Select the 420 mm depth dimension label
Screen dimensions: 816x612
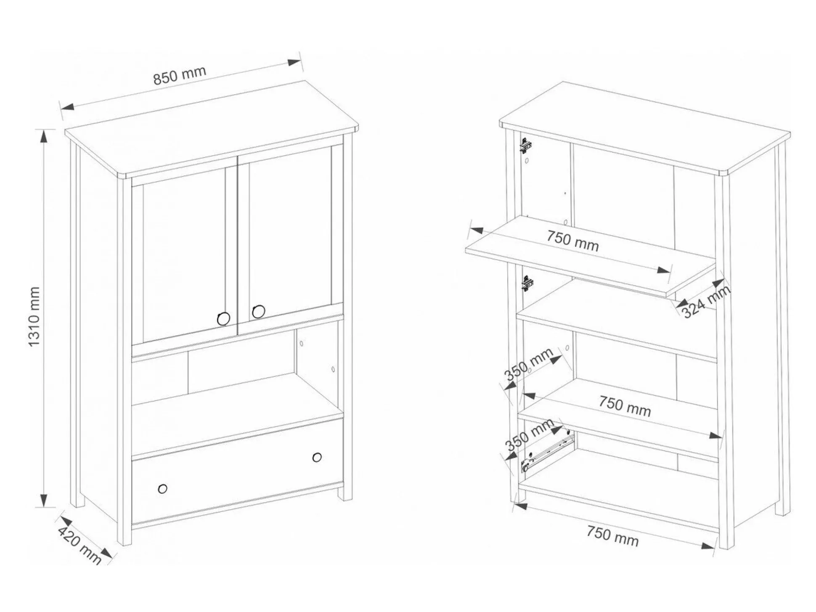point(79,546)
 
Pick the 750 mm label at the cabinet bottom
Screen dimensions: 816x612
point(612,537)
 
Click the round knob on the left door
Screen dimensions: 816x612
point(223,319)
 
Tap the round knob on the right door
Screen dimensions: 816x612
point(259,312)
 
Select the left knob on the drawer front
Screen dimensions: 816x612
point(163,489)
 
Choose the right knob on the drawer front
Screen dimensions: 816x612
point(317,457)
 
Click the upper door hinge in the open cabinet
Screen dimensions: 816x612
point(526,146)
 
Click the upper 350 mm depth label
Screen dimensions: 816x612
point(529,365)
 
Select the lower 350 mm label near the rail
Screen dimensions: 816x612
point(529,435)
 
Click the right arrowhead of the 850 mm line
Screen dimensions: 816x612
point(294,62)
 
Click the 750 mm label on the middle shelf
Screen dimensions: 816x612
point(625,407)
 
